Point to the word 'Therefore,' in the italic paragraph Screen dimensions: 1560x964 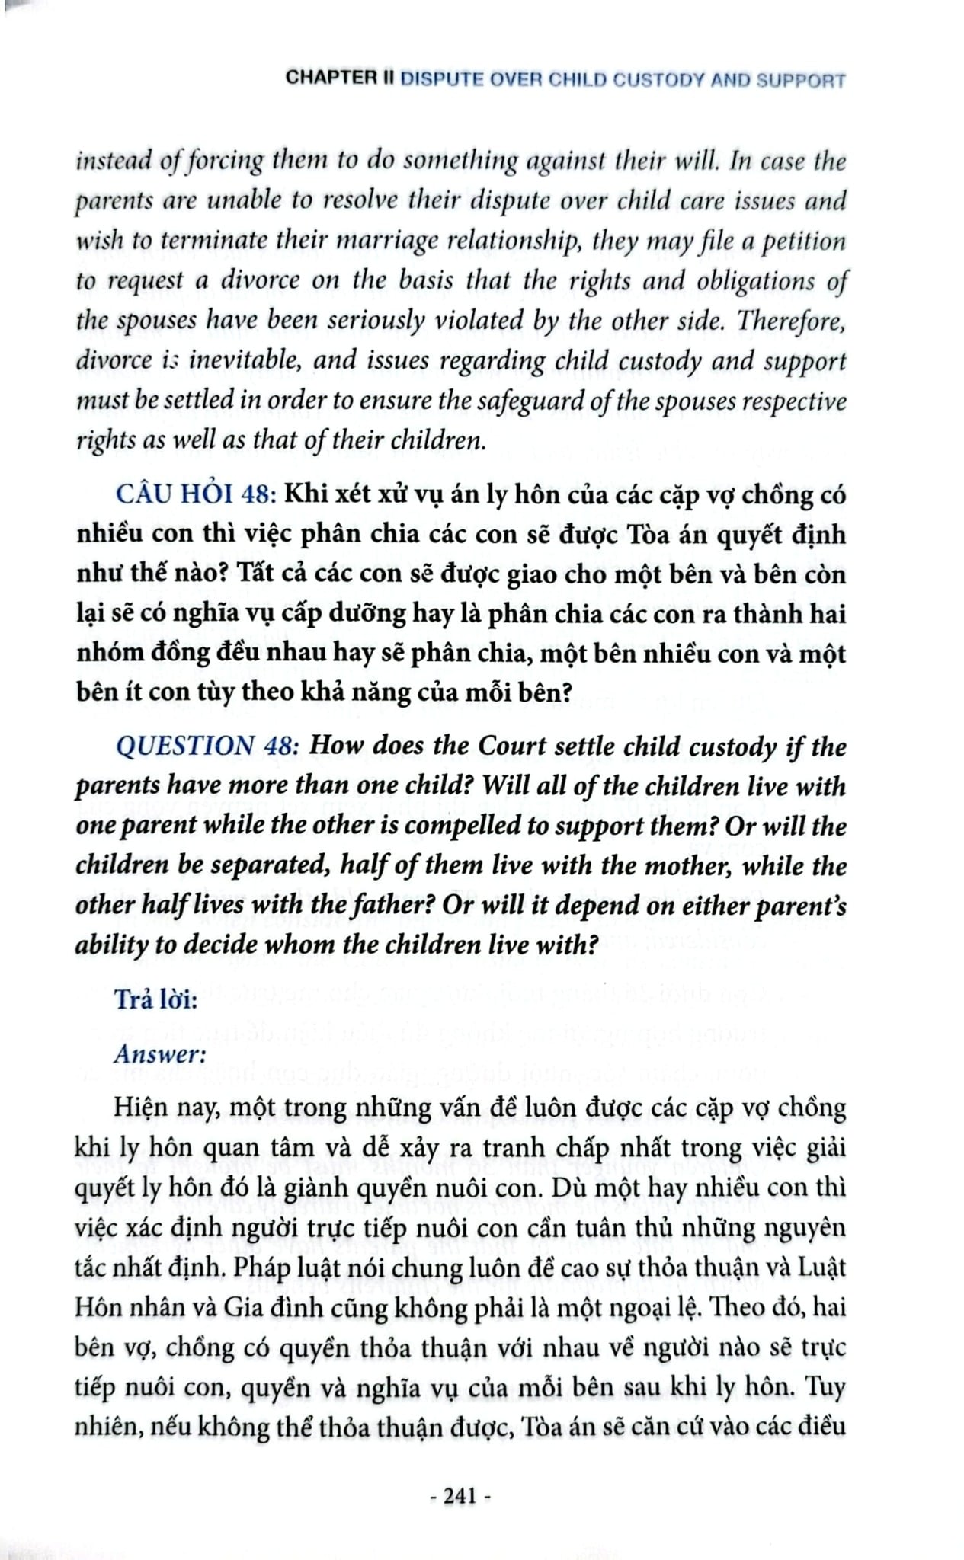(x=791, y=321)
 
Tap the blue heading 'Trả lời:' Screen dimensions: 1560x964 (x=155, y=999)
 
